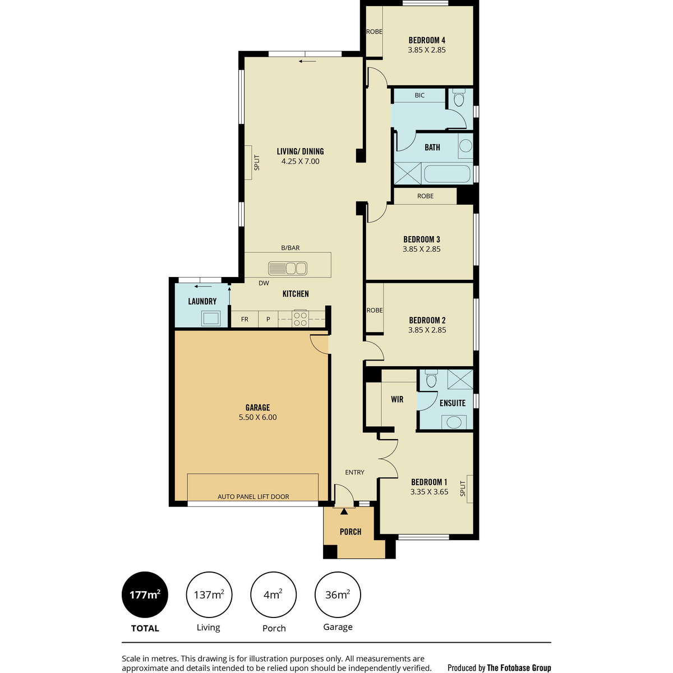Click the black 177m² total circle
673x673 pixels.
[145, 594]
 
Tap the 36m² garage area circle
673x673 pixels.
[338, 594]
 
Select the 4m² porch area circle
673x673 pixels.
[273, 594]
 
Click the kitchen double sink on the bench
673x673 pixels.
[288, 268]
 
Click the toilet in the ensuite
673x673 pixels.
[431, 379]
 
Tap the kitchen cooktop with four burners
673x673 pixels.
[300, 318]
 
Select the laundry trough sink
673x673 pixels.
[210, 318]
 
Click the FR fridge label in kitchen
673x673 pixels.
[245, 319]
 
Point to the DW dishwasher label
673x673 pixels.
[264, 283]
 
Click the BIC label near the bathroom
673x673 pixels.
[420, 95]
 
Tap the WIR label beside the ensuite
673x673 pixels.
[397, 399]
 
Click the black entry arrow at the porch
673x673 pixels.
[344, 511]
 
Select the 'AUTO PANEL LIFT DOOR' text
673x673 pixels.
[253, 497]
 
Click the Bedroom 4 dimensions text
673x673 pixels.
[427, 50]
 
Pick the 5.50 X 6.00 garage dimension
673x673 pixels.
[258, 417]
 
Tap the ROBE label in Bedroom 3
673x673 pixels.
[425, 196]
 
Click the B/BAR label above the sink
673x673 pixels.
[290, 248]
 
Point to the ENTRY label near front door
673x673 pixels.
[354, 472]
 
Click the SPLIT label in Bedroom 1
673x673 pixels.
[463, 488]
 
